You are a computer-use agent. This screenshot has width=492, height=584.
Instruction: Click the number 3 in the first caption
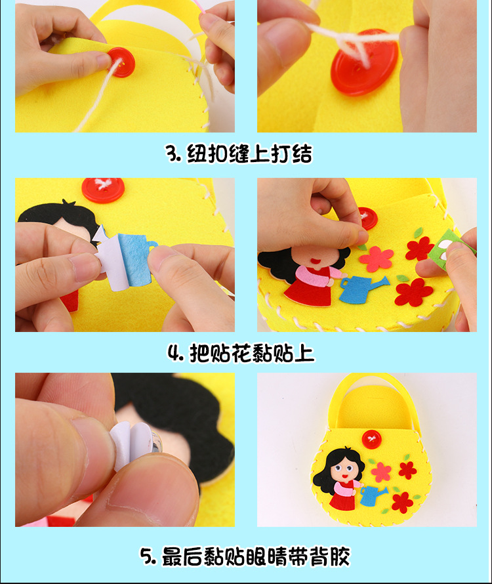pos(172,155)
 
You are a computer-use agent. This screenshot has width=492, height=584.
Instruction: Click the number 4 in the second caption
pos(174,354)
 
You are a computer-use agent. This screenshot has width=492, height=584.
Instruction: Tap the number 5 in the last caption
pos(148,557)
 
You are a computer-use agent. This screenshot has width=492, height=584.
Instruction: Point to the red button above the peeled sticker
pos(103,190)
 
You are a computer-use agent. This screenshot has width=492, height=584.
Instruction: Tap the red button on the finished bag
pos(373,437)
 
